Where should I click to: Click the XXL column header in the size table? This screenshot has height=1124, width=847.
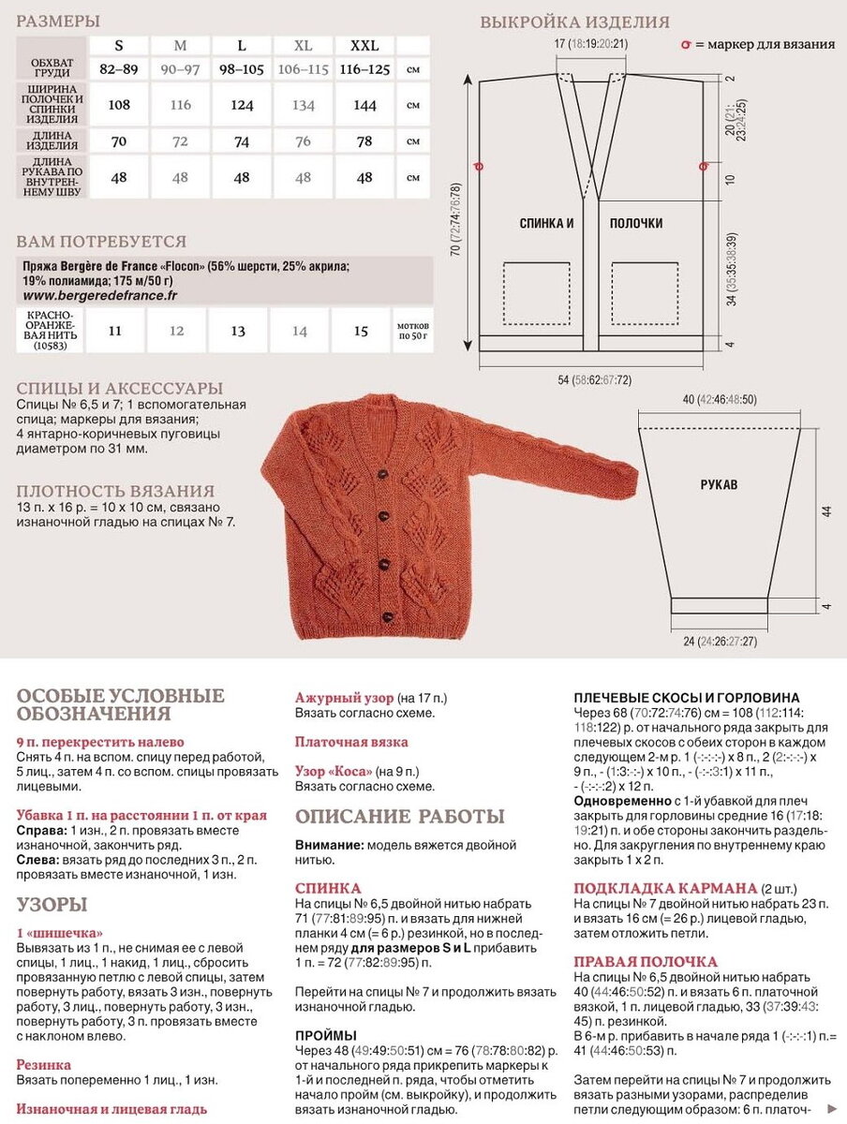(x=364, y=45)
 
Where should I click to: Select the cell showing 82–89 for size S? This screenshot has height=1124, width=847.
(x=119, y=69)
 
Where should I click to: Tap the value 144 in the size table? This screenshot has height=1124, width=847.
(x=364, y=105)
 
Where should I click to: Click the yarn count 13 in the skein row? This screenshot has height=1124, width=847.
(x=238, y=331)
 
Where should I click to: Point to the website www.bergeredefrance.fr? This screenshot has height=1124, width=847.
(x=99, y=295)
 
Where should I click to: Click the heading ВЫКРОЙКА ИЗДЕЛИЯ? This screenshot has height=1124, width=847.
(x=574, y=22)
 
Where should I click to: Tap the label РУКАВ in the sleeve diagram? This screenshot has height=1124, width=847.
(x=719, y=485)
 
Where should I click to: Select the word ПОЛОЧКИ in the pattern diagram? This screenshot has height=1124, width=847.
(x=636, y=223)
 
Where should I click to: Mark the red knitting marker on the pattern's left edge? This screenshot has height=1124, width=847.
(x=479, y=167)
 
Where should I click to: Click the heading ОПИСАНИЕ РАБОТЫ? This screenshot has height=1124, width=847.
(x=399, y=816)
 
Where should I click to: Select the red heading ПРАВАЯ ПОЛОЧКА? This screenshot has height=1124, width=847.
(x=646, y=962)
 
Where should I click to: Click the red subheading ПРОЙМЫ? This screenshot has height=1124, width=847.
(x=325, y=1035)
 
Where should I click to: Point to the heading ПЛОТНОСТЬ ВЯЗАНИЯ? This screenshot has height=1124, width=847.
(x=115, y=491)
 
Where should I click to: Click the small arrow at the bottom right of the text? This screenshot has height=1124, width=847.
(x=833, y=1107)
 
